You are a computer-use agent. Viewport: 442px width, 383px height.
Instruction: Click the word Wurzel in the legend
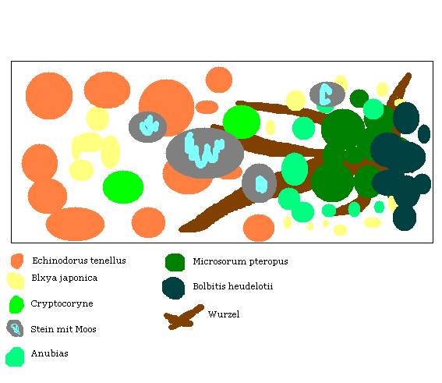(224, 314)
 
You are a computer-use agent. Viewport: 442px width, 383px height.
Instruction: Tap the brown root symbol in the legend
(184, 317)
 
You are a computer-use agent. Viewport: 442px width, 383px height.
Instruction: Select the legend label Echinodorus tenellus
(79, 261)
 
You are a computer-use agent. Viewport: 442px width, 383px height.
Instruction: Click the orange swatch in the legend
(17, 261)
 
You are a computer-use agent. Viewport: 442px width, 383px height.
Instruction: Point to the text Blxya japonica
(64, 278)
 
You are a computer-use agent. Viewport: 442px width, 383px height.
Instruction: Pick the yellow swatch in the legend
(16, 281)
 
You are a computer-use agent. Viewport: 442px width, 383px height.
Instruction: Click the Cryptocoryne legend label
(62, 303)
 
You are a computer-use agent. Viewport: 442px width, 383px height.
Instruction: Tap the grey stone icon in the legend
(15, 328)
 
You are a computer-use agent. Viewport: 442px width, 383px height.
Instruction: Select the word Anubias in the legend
(50, 353)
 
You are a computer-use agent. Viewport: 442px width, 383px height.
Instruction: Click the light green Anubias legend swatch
(15, 356)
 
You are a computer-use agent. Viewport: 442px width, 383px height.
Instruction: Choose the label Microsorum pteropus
(240, 261)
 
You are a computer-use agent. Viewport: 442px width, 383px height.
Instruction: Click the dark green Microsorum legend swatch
(175, 262)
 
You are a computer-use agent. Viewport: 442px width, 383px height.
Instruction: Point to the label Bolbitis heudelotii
(233, 286)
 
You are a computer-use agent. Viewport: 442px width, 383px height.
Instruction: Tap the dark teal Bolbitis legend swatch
(173, 288)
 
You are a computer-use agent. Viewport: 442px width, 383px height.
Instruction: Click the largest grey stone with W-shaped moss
(205, 153)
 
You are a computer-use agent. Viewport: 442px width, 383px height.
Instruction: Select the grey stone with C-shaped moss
(327, 94)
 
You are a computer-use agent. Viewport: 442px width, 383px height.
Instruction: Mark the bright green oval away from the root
(123, 187)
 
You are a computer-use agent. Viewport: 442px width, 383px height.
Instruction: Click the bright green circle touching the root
(242, 122)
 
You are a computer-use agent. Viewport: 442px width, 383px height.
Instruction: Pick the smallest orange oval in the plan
(207, 107)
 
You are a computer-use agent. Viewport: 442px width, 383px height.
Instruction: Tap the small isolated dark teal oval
(424, 133)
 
